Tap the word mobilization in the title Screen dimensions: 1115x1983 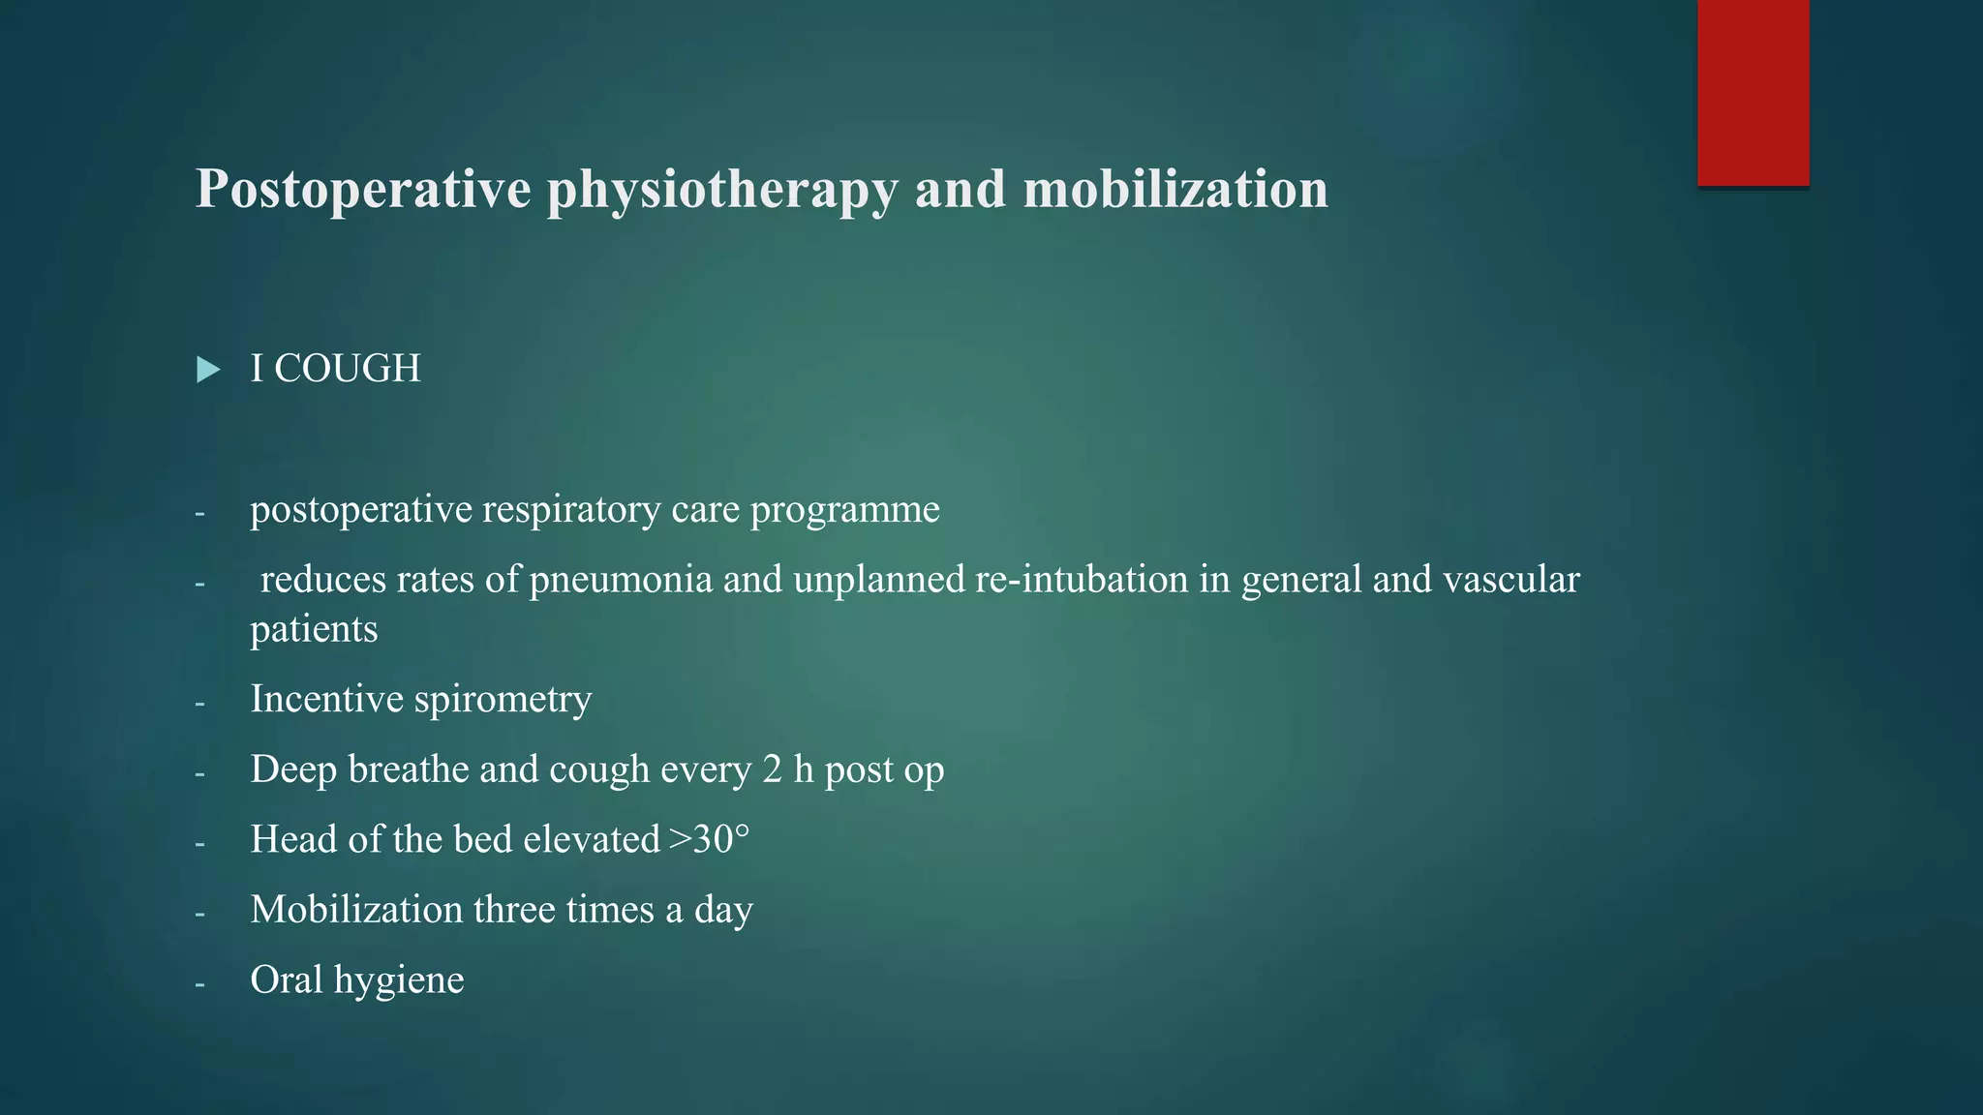(1175, 189)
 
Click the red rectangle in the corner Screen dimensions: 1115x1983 (1753, 92)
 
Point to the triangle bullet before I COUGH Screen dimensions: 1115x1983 (207, 370)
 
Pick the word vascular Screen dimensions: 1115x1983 (1510, 580)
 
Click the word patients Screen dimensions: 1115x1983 (314, 630)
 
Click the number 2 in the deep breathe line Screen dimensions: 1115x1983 (772, 769)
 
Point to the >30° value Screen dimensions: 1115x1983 (710, 839)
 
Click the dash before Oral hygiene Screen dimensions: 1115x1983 (199, 983)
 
